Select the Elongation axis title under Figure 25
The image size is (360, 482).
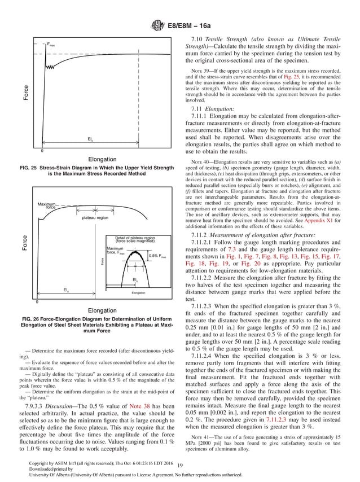102,159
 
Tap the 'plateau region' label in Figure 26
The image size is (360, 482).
95,217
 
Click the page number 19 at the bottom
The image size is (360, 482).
179,465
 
